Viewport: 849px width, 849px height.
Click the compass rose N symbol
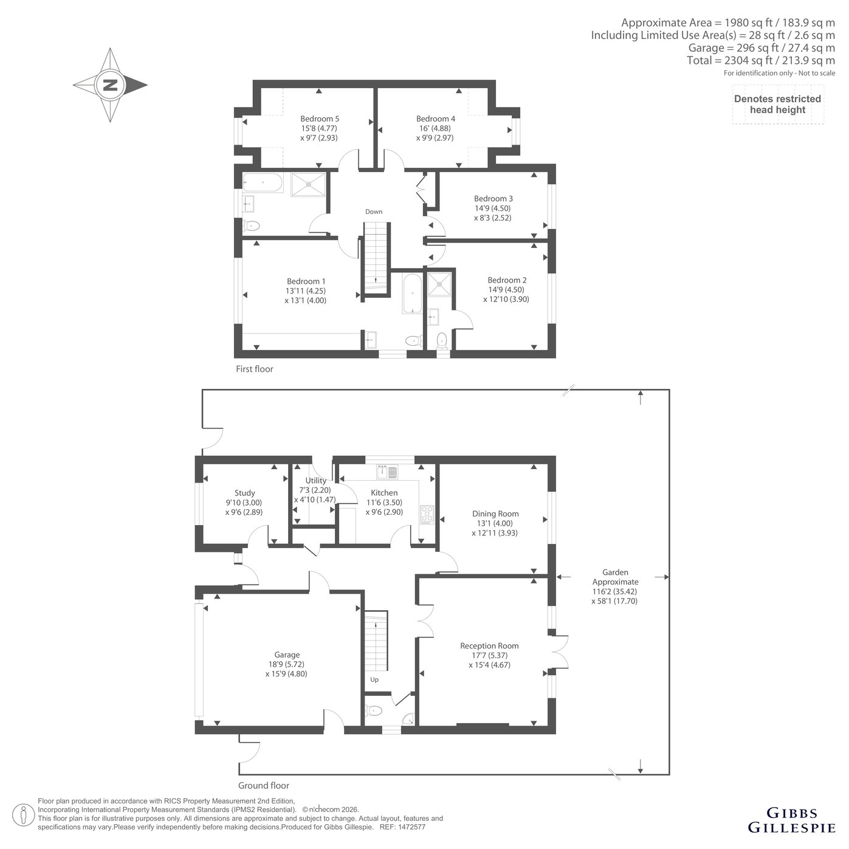(x=110, y=85)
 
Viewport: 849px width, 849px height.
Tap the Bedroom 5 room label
(x=320, y=119)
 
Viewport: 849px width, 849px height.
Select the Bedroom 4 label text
(x=435, y=119)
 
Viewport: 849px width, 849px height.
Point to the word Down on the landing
(x=374, y=211)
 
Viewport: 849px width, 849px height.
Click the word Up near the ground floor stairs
(x=374, y=679)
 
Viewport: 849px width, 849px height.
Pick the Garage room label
(x=287, y=655)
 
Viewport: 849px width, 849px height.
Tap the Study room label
(x=244, y=493)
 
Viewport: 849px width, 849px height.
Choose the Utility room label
(x=315, y=480)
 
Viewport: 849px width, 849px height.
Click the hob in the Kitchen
(x=427, y=515)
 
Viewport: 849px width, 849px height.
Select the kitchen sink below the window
(x=387, y=472)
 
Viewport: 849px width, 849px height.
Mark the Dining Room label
(x=495, y=514)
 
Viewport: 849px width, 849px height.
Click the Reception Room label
(x=489, y=645)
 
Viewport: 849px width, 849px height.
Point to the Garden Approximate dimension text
(x=615, y=586)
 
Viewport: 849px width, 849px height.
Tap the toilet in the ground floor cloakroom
(x=374, y=710)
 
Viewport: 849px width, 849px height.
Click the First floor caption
(x=254, y=369)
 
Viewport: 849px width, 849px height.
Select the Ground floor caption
(x=264, y=785)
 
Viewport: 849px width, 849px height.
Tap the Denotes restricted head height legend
(x=778, y=105)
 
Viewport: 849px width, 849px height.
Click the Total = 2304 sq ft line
(x=761, y=60)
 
